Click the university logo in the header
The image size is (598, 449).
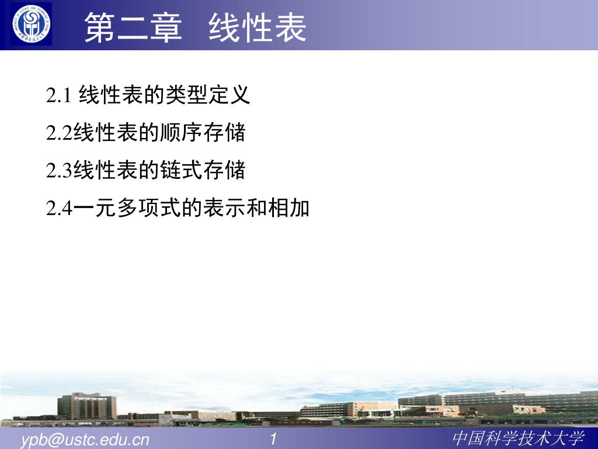[31, 24]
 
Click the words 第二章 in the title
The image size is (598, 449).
[133, 27]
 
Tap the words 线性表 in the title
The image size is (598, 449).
[258, 27]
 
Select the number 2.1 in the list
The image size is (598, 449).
[59, 95]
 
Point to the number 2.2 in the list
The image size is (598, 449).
[59, 133]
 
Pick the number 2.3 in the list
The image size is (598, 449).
[59, 170]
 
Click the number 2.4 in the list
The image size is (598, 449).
[59, 208]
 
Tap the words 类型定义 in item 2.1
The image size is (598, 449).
[208, 95]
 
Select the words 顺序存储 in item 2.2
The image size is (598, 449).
[203, 133]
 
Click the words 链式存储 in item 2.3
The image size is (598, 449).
[203, 170]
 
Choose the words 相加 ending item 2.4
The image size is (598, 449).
[288, 208]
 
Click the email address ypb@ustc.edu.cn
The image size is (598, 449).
[85, 440]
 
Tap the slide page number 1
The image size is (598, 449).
[273, 438]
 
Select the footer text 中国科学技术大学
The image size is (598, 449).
[519, 438]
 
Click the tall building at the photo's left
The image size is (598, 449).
[87, 406]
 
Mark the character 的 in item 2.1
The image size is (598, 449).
[154, 95]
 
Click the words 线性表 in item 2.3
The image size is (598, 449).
[106, 170]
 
